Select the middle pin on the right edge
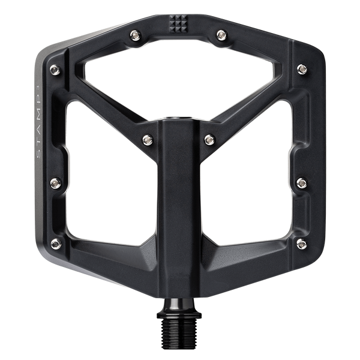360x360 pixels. click(302, 181)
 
